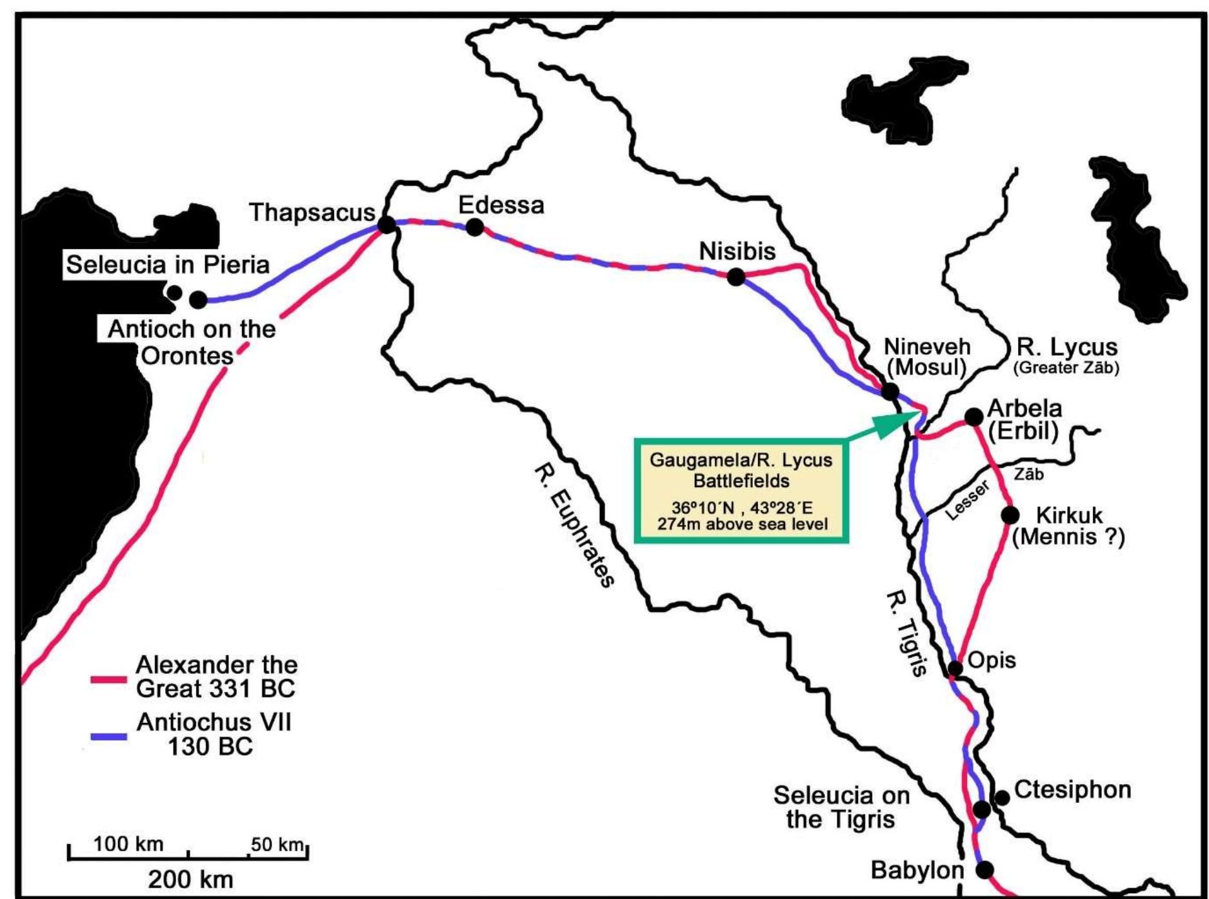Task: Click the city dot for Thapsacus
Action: [x=386, y=224]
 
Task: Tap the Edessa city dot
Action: [x=475, y=227]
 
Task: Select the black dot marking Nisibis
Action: [x=735, y=277]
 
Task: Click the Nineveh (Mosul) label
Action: [x=927, y=357]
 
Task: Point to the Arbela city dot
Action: [x=974, y=417]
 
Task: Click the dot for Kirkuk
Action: [x=1010, y=515]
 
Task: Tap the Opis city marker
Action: [x=955, y=667]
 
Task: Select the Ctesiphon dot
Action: [x=1002, y=798]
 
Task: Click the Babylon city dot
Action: [x=984, y=870]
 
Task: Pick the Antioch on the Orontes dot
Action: [x=198, y=299]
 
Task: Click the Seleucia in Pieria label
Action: [x=168, y=264]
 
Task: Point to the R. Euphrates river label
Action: [x=573, y=526]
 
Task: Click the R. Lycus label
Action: [x=1066, y=347]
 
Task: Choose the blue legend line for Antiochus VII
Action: [x=108, y=736]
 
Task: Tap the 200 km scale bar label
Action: [x=190, y=879]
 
